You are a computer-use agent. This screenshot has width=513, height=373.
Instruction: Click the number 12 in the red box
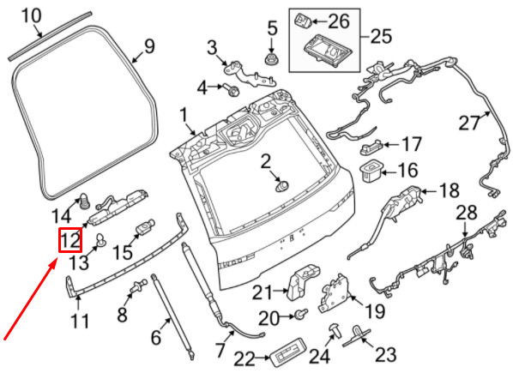tap(70, 242)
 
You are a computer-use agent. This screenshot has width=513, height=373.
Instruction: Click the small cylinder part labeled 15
tap(144, 229)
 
